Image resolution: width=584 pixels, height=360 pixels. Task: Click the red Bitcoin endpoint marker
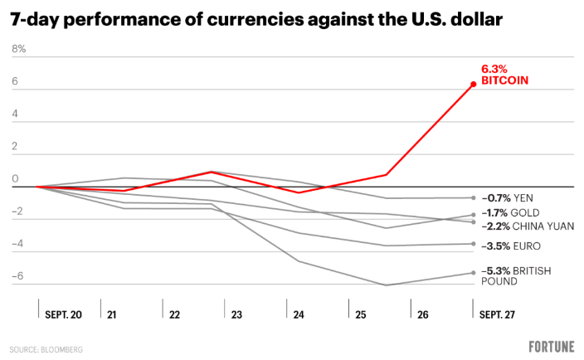[473, 84]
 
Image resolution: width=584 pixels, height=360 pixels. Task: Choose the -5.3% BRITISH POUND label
[516, 276]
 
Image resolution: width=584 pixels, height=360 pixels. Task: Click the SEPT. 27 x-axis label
[498, 315]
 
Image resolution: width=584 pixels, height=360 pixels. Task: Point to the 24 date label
[299, 315]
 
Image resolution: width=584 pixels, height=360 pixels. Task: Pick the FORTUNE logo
[551, 346]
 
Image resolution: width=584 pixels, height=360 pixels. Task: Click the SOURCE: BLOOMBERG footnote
[46, 350]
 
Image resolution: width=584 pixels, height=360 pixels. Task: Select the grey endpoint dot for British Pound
[473, 273]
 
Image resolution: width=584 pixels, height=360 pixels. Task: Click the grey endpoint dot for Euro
[473, 244]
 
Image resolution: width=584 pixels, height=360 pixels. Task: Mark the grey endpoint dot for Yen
[473, 197]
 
